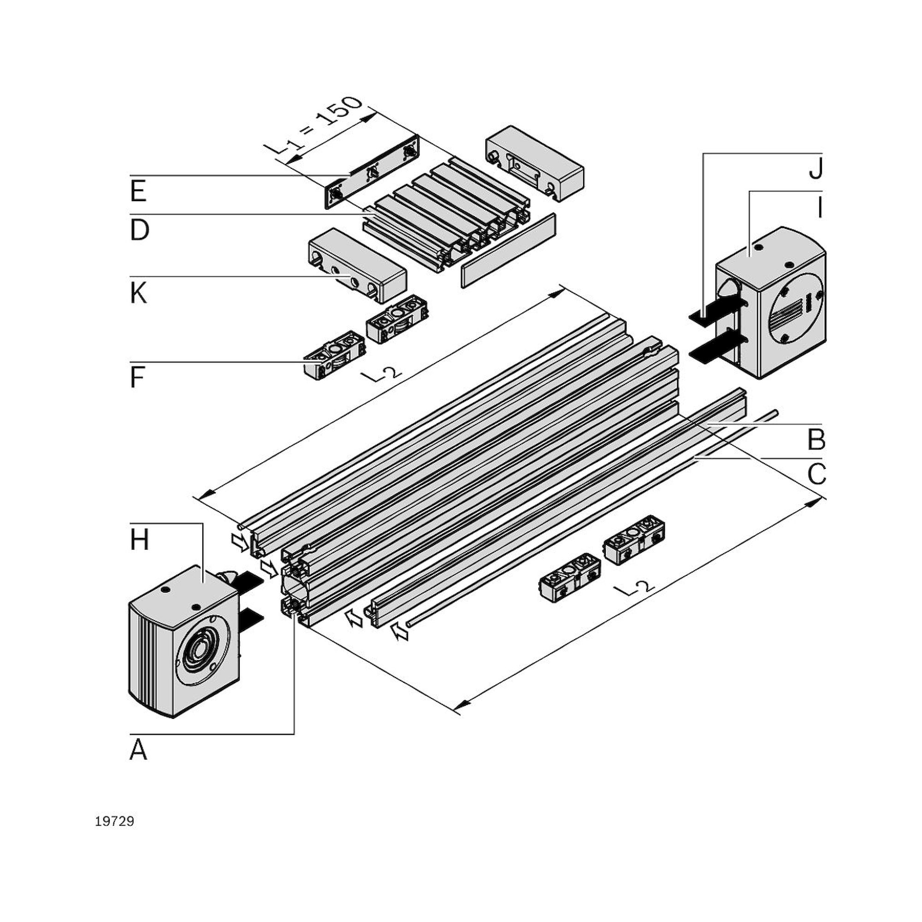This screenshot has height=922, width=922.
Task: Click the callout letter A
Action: (138, 750)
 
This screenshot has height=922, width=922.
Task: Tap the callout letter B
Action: (816, 440)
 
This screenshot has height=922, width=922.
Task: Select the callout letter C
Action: (816, 474)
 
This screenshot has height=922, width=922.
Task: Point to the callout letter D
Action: (139, 230)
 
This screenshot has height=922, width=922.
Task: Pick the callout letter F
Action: (137, 378)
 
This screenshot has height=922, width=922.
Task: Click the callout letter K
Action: (138, 293)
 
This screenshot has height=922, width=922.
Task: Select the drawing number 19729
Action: (114, 822)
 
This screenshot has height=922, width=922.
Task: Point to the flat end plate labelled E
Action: (372, 172)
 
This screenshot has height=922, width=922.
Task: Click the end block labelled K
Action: (358, 265)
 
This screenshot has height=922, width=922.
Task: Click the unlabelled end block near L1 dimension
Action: (534, 162)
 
